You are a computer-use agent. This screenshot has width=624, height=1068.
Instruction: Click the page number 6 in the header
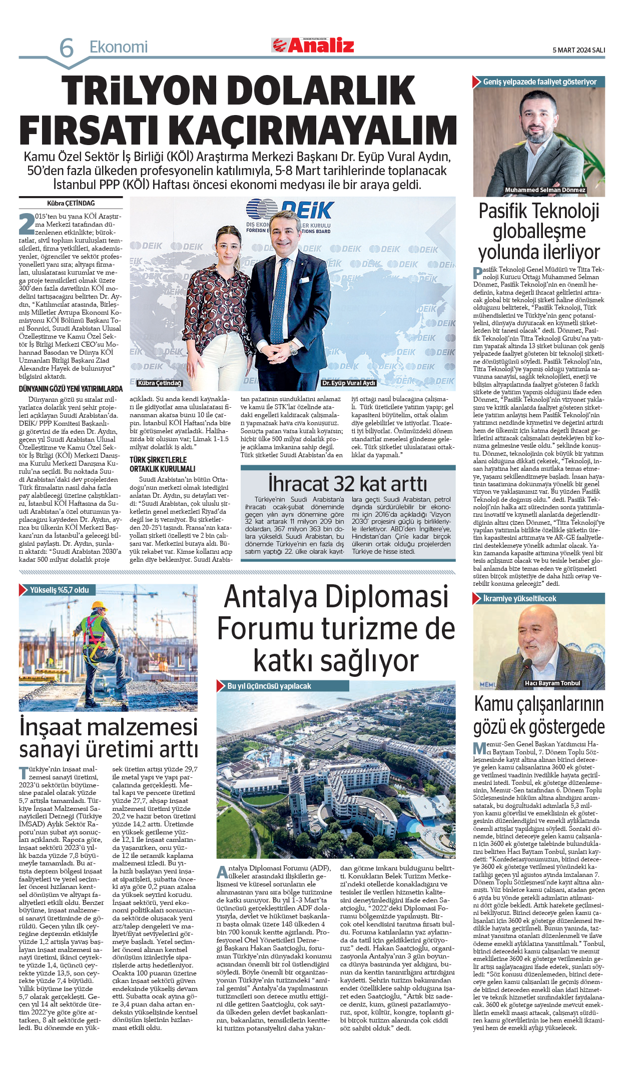pos(67,49)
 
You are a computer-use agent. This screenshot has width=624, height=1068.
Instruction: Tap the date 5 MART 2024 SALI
pos(578,50)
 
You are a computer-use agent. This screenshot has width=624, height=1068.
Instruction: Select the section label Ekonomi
pos(119,47)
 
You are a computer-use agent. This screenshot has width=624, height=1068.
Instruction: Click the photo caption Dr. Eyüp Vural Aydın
pos(348,383)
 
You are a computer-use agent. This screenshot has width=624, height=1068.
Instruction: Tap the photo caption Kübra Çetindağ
pos(160,383)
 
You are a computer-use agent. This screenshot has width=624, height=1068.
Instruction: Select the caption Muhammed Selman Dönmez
pos(545,190)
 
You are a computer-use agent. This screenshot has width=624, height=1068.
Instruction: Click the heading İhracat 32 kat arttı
pos(348,484)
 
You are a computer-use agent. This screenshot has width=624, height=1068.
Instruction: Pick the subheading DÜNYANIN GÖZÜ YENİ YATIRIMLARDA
pos(71,389)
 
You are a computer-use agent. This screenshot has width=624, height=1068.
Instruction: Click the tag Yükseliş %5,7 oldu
pos(59,590)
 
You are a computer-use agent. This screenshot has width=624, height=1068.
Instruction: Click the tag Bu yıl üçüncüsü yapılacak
pos(269,686)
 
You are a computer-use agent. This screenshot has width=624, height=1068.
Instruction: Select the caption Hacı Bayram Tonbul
pos(552,683)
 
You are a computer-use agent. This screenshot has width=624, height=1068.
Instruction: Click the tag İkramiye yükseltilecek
pos(519,598)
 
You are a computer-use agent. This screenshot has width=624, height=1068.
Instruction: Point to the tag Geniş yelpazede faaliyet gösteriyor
pos(539,82)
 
